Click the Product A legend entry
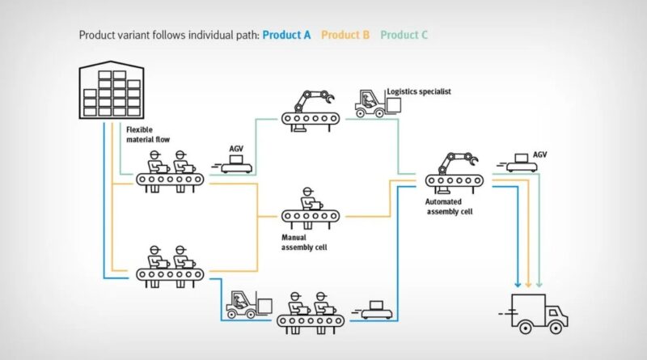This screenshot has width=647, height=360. pyautogui.click(x=286, y=35)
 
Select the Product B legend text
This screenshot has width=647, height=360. pyautogui.click(x=345, y=35)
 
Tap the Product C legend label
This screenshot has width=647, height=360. pyautogui.click(x=404, y=35)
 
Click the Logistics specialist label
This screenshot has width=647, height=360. pyautogui.click(x=418, y=92)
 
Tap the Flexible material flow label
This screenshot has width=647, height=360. pyautogui.click(x=148, y=133)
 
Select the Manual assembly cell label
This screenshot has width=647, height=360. pyautogui.click(x=304, y=242)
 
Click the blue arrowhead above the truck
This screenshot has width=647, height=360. pyautogui.click(x=518, y=283)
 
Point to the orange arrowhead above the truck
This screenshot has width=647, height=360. pyautogui.click(x=528, y=283)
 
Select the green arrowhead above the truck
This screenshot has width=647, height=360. pyautogui.click(x=539, y=283)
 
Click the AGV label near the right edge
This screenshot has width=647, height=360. pyautogui.click(x=540, y=154)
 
